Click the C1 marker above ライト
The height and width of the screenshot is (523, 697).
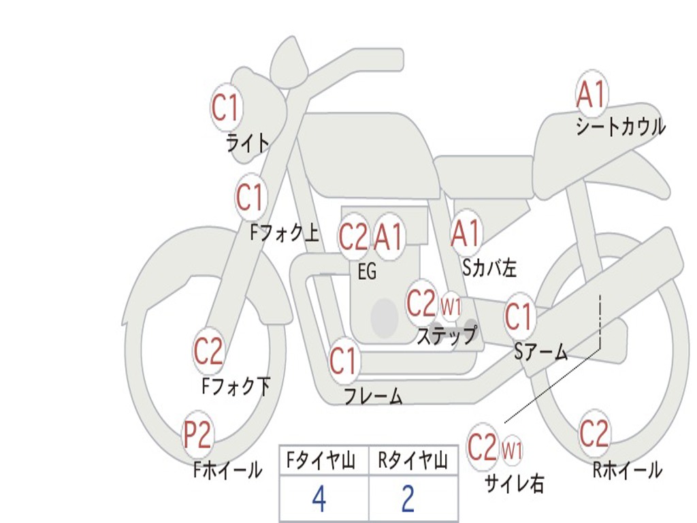[x=226, y=107]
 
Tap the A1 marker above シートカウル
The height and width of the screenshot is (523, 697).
[x=591, y=94]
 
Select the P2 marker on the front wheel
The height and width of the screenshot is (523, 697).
[x=197, y=435]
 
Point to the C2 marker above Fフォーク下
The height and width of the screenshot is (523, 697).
[x=208, y=351]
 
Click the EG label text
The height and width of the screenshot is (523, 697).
[x=367, y=271]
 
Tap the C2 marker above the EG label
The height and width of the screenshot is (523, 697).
[x=354, y=236]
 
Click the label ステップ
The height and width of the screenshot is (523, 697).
[x=447, y=335]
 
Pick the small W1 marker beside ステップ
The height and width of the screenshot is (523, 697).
[x=451, y=306]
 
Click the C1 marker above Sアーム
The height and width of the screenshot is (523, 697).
[x=519, y=317]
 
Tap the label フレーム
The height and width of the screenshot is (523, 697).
[x=374, y=396]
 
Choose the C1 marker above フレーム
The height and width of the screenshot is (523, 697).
[x=343, y=360]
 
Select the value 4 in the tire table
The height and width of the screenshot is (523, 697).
[x=319, y=498]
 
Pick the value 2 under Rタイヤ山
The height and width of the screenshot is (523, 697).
[x=408, y=498]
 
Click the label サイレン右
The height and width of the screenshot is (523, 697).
[x=515, y=484]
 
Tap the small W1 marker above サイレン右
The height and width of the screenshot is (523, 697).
[x=512, y=451]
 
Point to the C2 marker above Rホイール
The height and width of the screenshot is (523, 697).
[x=594, y=433]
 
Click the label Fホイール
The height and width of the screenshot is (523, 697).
[x=227, y=470]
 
